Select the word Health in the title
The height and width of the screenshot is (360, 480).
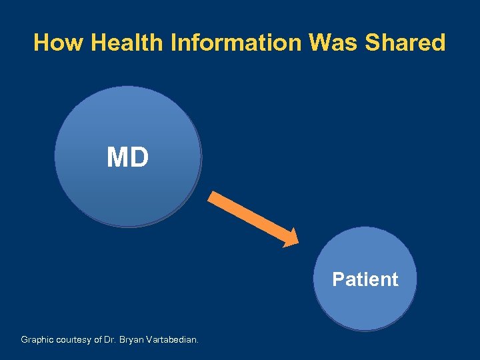(x=128, y=43)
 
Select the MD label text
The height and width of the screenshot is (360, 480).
(x=128, y=158)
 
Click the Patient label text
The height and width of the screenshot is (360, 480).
(x=365, y=279)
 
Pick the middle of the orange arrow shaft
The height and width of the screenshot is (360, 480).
(x=250, y=217)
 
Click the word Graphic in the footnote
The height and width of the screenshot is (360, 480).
(x=37, y=340)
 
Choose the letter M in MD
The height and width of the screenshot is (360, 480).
(x=117, y=158)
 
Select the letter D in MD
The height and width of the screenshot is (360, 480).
(x=139, y=158)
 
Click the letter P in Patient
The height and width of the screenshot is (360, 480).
(x=338, y=279)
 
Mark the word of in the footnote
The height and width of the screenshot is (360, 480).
(x=97, y=340)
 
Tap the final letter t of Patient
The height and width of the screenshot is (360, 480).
(x=395, y=279)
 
